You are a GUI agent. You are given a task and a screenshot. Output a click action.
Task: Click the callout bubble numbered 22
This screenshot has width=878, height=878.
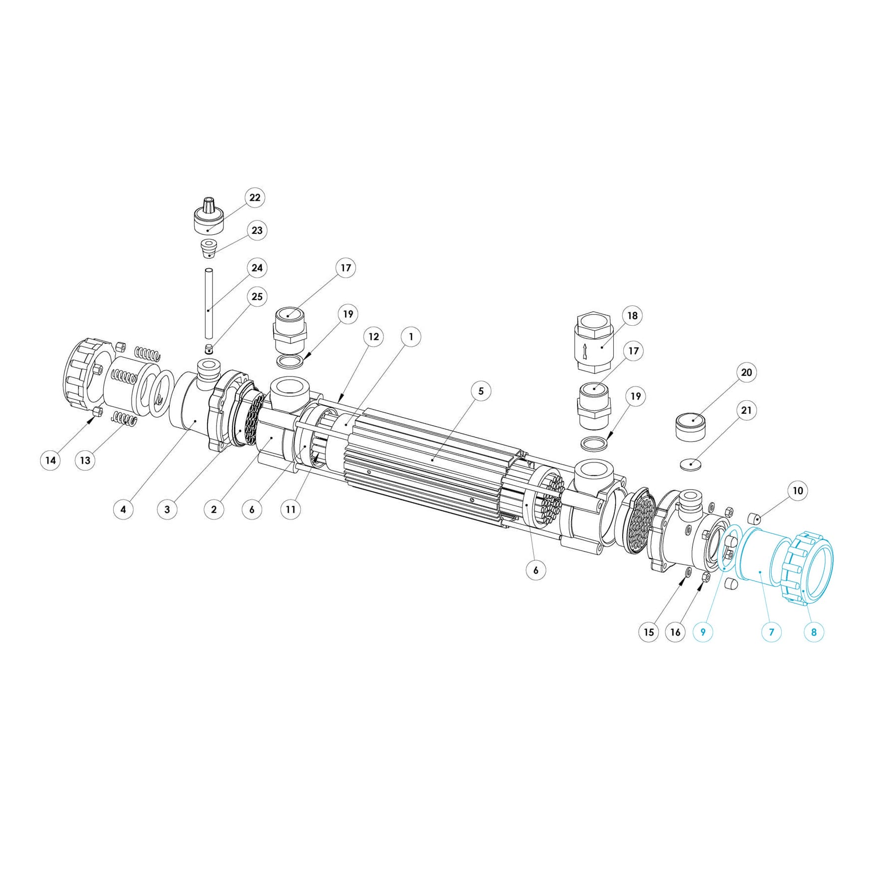tap(255, 198)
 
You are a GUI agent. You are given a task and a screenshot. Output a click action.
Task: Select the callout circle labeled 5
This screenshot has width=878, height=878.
tap(481, 391)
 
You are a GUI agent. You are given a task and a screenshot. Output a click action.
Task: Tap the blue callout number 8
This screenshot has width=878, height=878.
tap(813, 632)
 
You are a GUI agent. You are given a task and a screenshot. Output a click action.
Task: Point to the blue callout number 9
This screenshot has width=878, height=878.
tap(703, 632)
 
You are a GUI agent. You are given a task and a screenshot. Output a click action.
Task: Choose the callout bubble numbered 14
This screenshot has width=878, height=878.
tap(51, 460)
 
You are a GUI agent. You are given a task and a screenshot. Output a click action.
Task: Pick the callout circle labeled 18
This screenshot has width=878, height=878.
tap(632, 316)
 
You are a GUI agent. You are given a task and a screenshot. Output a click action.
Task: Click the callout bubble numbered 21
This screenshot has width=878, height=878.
tap(746, 411)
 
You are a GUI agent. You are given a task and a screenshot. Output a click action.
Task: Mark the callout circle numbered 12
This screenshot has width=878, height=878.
tap(373, 337)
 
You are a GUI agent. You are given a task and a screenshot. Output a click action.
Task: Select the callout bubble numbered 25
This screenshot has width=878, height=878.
tap(257, 296)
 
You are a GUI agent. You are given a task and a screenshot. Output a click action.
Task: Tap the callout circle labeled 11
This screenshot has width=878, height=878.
tap(291, 510)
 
